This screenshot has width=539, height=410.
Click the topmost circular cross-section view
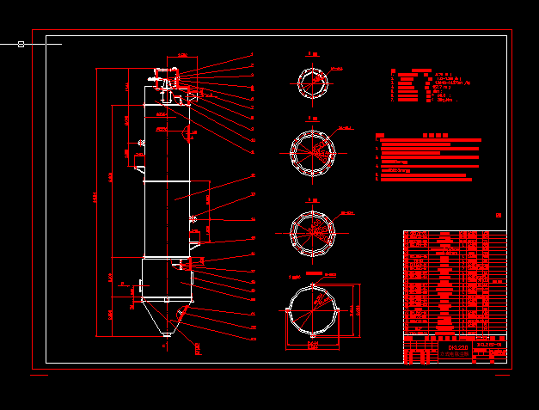[313, 83]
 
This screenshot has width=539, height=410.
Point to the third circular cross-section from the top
[313, 232]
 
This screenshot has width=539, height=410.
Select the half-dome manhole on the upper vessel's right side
[187, 132]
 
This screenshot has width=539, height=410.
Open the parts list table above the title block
[455, 284]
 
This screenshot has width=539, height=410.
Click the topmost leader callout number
[252, 54]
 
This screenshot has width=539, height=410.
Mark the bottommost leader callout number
[253, 327]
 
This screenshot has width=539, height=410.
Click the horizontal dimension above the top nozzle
[182, 57]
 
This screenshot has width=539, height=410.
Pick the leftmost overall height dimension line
[96, 198]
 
